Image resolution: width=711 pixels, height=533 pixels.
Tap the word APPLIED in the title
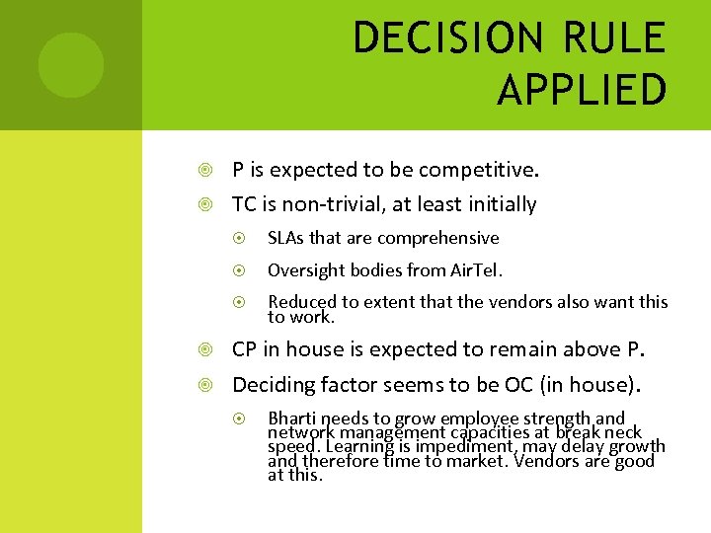pyautogui.click(x=582, y=90)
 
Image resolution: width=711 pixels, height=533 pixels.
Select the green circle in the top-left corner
pyautogui.click(x=70, y=65)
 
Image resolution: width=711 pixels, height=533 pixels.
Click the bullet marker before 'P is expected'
pyautogui.click(x=204, y=171)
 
